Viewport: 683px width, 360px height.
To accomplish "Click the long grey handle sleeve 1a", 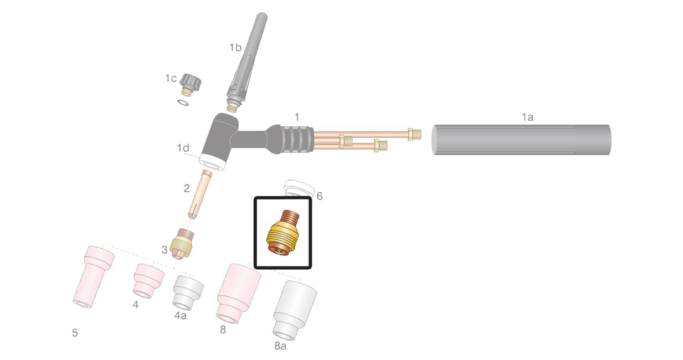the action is (x=522, y=140).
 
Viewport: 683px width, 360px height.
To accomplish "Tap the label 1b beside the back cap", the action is (x=235, y=48).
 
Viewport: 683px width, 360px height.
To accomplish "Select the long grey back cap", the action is (x=246, y=63).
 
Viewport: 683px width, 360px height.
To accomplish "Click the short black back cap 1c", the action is (x=189, y=84).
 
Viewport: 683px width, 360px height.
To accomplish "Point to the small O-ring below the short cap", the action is (x=183, y=102).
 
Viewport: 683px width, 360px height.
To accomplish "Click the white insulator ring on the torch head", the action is (x=213, y=162).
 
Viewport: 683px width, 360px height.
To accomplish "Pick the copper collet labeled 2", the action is (x=200, y=194).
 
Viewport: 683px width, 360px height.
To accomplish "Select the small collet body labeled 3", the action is (x=182, y=244).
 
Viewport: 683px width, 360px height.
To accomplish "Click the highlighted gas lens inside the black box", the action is (x=283, y=233).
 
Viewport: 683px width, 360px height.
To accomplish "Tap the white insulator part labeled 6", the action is (x=299, y=188).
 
